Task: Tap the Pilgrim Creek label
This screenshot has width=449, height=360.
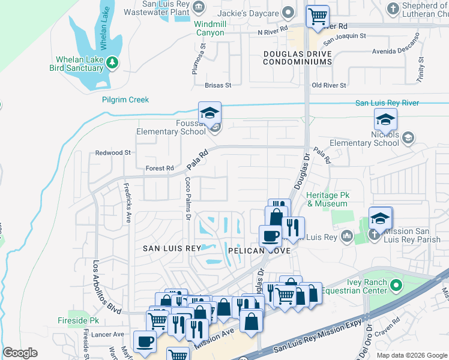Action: point(125,100)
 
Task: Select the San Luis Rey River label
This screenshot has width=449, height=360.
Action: point(387,103)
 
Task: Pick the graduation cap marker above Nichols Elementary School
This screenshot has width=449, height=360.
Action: point(385,119)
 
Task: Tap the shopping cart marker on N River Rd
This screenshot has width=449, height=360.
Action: point(318,17)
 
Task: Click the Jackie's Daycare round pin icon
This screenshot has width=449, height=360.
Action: point(288,12)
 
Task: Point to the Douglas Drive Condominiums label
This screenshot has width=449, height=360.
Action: point(298,58)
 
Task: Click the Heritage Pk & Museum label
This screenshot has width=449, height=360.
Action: point(327,199)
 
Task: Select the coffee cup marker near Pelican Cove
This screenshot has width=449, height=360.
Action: point(270,236)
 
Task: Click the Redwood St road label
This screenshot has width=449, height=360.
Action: point(113,153)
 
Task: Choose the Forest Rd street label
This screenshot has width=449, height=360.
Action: point(160,169)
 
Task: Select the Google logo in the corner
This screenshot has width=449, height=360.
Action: point(20,353)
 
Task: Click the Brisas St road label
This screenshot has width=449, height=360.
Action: point(217,86)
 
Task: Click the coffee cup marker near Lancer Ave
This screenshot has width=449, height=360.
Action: point(145,341)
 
